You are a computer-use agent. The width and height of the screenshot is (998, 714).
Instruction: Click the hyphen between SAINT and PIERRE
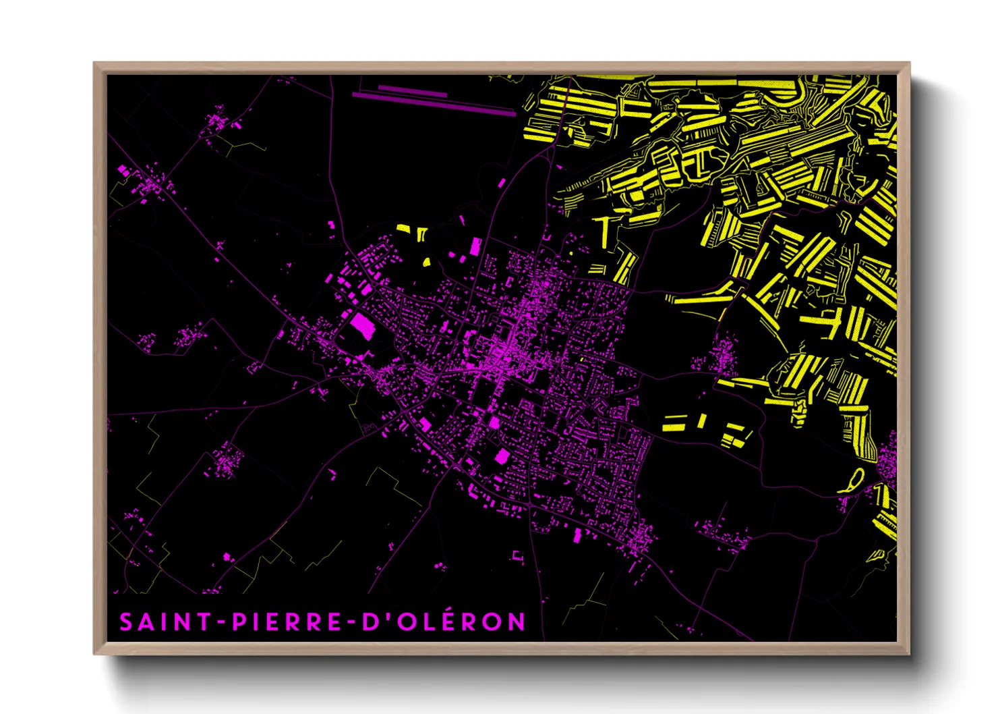click(223, 622)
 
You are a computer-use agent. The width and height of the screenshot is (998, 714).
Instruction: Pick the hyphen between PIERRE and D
click(351, 622)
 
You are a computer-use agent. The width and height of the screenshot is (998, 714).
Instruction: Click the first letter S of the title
click(126, 622)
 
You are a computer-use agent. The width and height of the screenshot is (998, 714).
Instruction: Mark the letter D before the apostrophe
click(372, 622)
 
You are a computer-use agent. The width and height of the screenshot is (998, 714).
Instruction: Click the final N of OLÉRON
click(516, 622)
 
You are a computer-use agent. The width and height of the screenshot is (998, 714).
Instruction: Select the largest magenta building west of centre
click(362, 325)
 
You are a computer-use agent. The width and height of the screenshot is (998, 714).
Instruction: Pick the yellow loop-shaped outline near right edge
click(853, 480)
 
